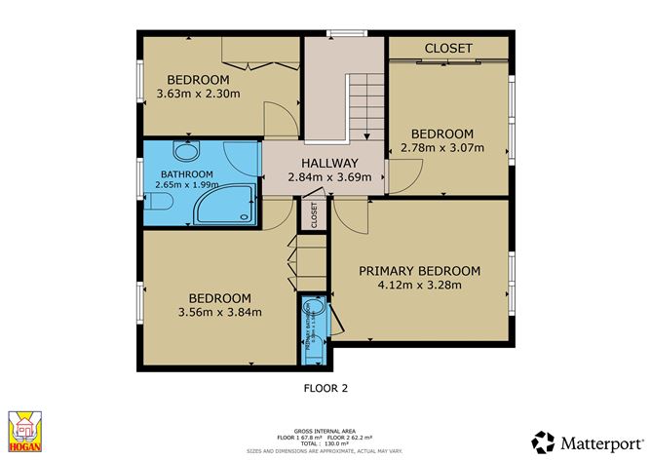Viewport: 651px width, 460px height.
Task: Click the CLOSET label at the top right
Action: [448, 48]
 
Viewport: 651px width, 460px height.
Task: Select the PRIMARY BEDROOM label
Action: [419, 271]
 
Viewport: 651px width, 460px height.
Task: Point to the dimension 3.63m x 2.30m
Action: [198, 95]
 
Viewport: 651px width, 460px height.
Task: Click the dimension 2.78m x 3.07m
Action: [441, 149]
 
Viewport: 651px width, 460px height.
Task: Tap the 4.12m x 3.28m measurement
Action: [419, 286]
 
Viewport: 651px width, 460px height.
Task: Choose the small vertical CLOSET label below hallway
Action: [314, 215]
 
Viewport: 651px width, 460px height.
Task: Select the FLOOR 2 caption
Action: [325, 387]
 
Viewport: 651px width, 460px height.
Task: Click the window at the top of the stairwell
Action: [340, 35]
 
